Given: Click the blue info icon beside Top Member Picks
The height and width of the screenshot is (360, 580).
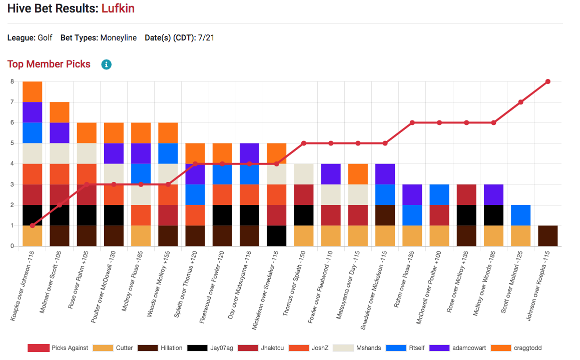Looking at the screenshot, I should (106, 64).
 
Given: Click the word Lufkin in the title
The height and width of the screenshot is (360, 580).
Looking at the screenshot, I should (118, 8).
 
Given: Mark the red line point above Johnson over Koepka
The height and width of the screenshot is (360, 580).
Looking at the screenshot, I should (547, 81).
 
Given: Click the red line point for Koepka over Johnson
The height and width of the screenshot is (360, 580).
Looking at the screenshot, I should (33, 225).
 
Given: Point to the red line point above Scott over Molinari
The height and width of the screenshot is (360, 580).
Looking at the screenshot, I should (520, 102).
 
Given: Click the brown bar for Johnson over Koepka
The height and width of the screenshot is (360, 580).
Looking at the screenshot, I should (547, 235).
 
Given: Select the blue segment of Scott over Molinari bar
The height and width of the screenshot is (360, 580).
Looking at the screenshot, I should (520, 215).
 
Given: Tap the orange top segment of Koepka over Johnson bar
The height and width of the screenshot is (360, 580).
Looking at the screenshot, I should (33, 92).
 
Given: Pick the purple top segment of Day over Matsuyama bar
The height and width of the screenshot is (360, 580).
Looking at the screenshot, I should (249, 153).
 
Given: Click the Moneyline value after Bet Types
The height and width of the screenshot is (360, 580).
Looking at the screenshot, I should (119, 38).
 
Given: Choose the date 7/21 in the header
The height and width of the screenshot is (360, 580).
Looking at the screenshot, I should (206, 38).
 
